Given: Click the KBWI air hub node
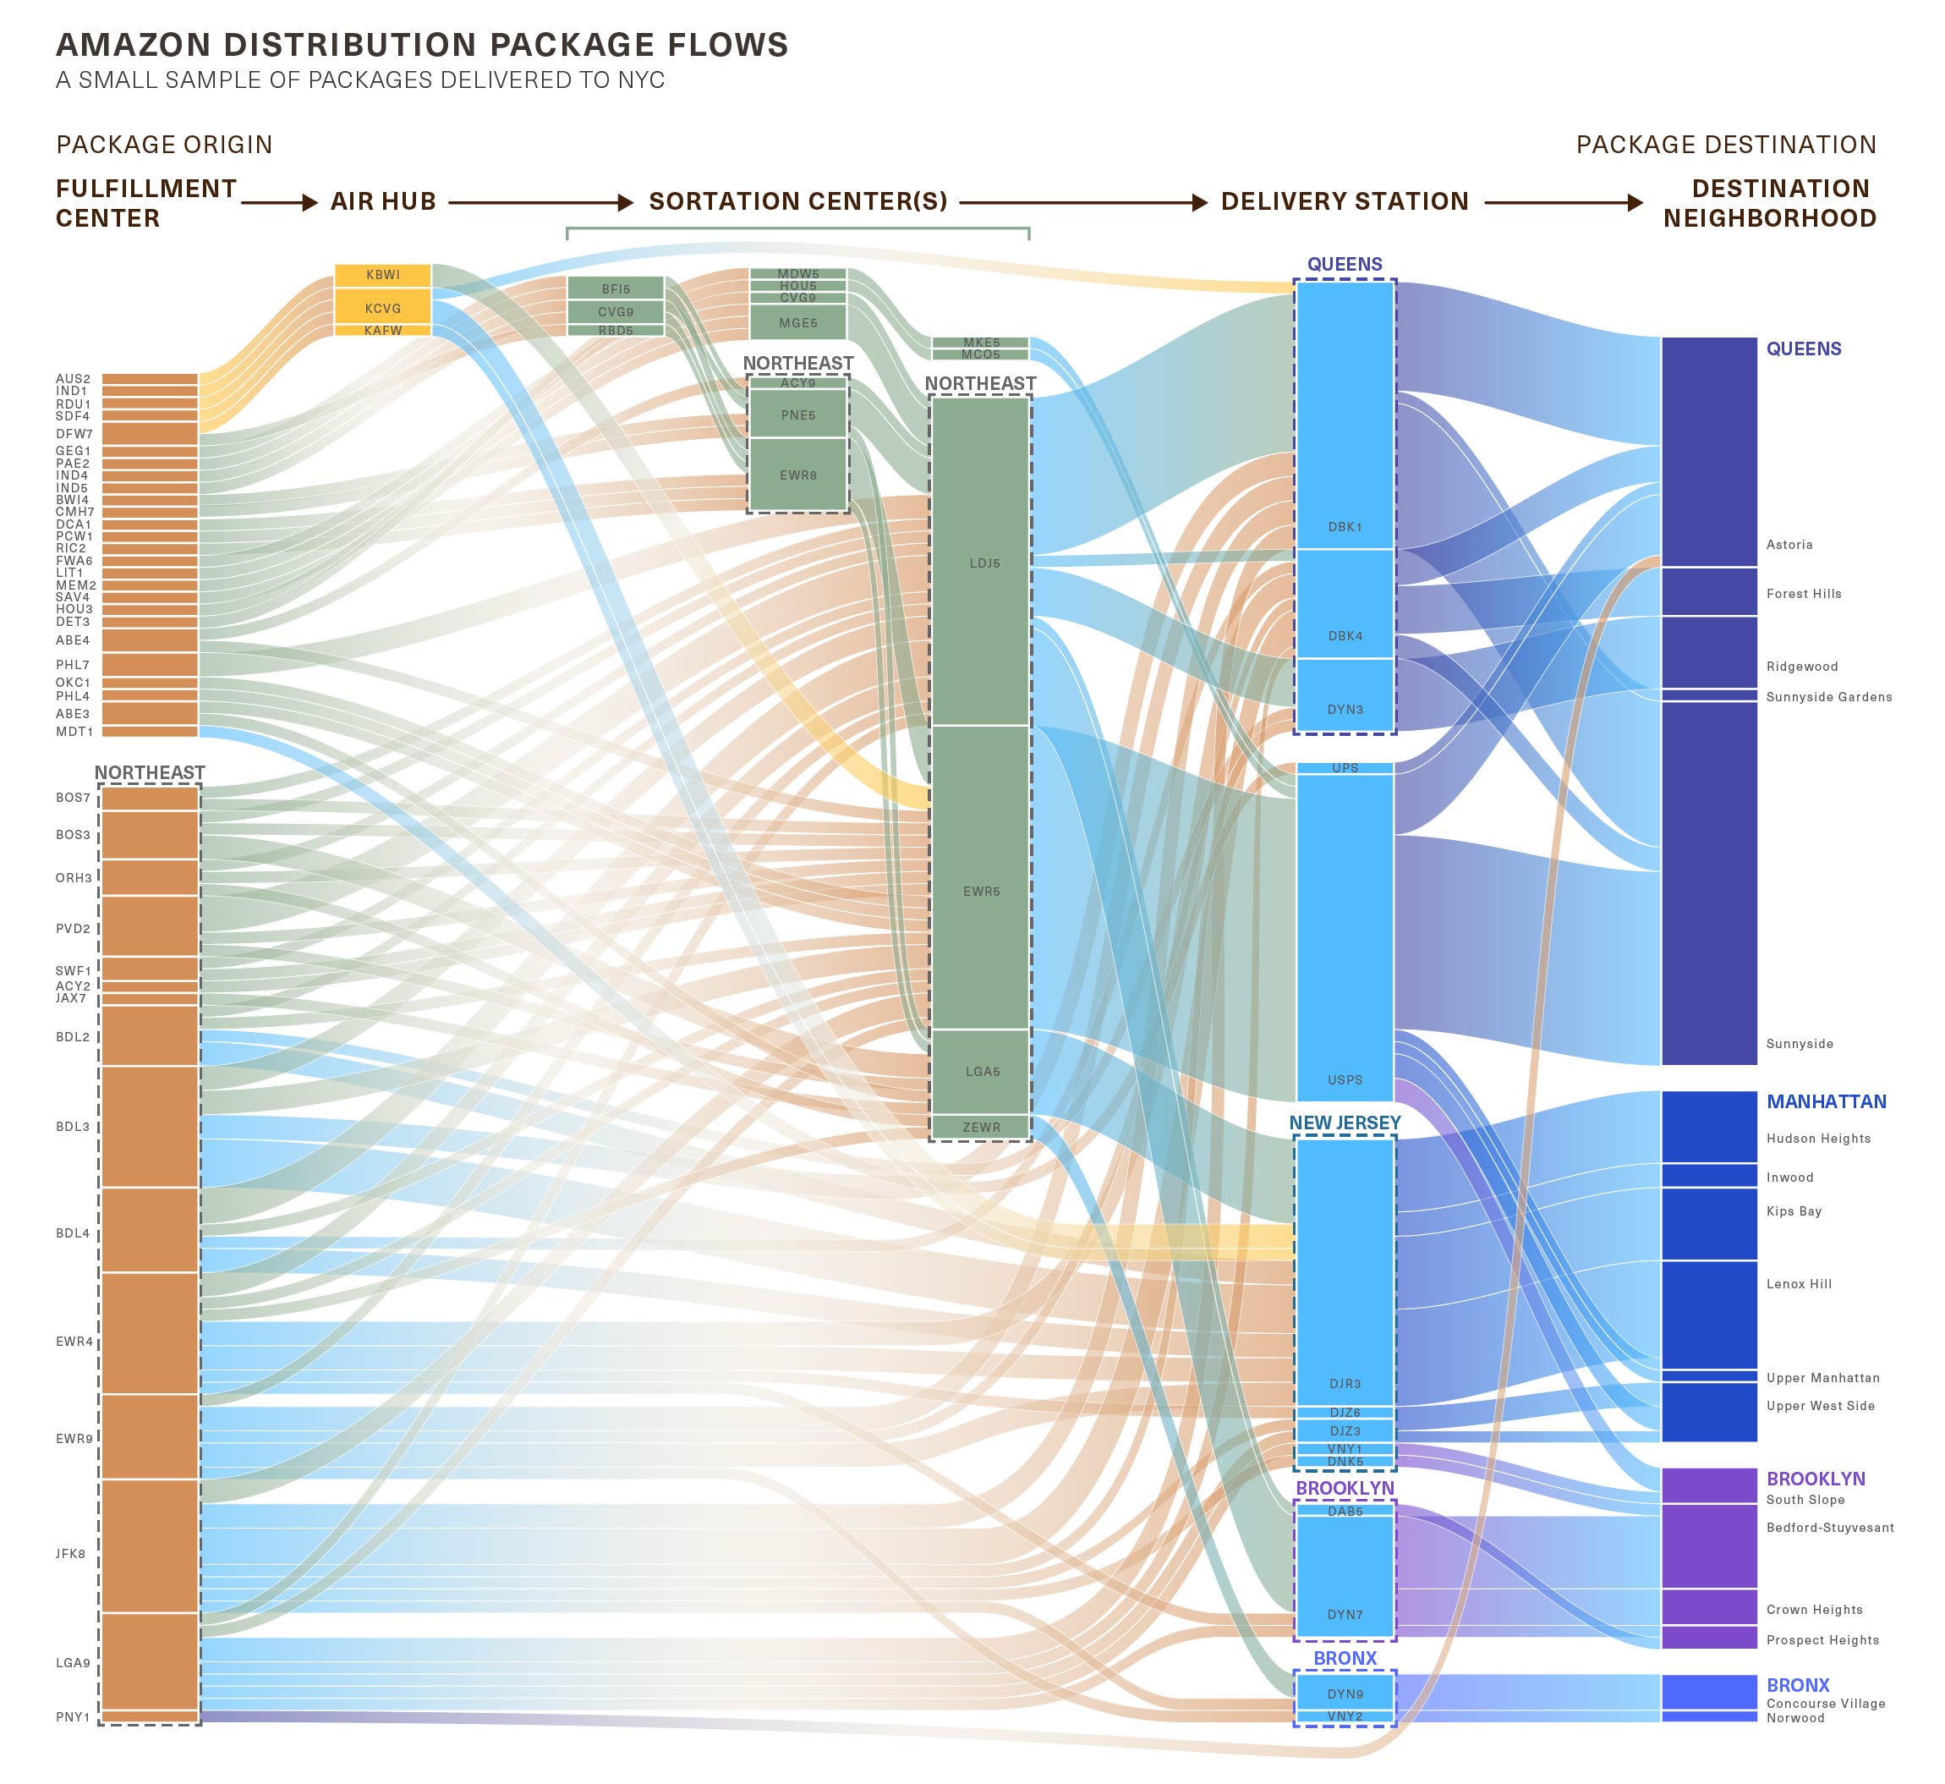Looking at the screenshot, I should point(382,275).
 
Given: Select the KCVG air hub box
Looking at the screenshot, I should point(382,308).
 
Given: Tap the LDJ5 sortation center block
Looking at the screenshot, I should point(982,562).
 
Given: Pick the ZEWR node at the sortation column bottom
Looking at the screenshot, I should point(982,1127).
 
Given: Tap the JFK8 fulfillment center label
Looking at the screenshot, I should point(70,1554).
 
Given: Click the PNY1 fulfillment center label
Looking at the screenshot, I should point(73,1717).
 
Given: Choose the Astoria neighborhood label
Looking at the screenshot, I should point(1789,545).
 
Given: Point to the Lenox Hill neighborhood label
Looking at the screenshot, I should point(1800,1284).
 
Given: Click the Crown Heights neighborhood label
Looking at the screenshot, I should point(1815,1609).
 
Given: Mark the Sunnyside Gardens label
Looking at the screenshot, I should point(1829,697).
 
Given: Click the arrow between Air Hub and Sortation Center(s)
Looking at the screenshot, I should point(540,203).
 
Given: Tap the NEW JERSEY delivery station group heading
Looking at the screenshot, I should point(1345,1123).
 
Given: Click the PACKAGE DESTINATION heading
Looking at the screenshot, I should point(1726,145).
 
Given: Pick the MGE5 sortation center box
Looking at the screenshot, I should point(798,322).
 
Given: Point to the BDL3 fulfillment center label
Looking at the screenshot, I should point(73,1127).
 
